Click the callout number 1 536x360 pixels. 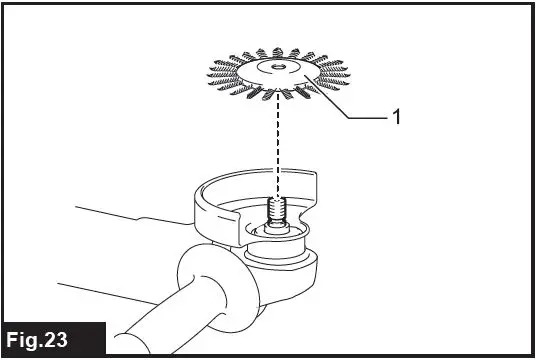396,117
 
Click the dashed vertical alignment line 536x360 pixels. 278,140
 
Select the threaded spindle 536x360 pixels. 278,212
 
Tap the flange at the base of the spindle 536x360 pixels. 278,232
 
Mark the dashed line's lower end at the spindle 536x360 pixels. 278,196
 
